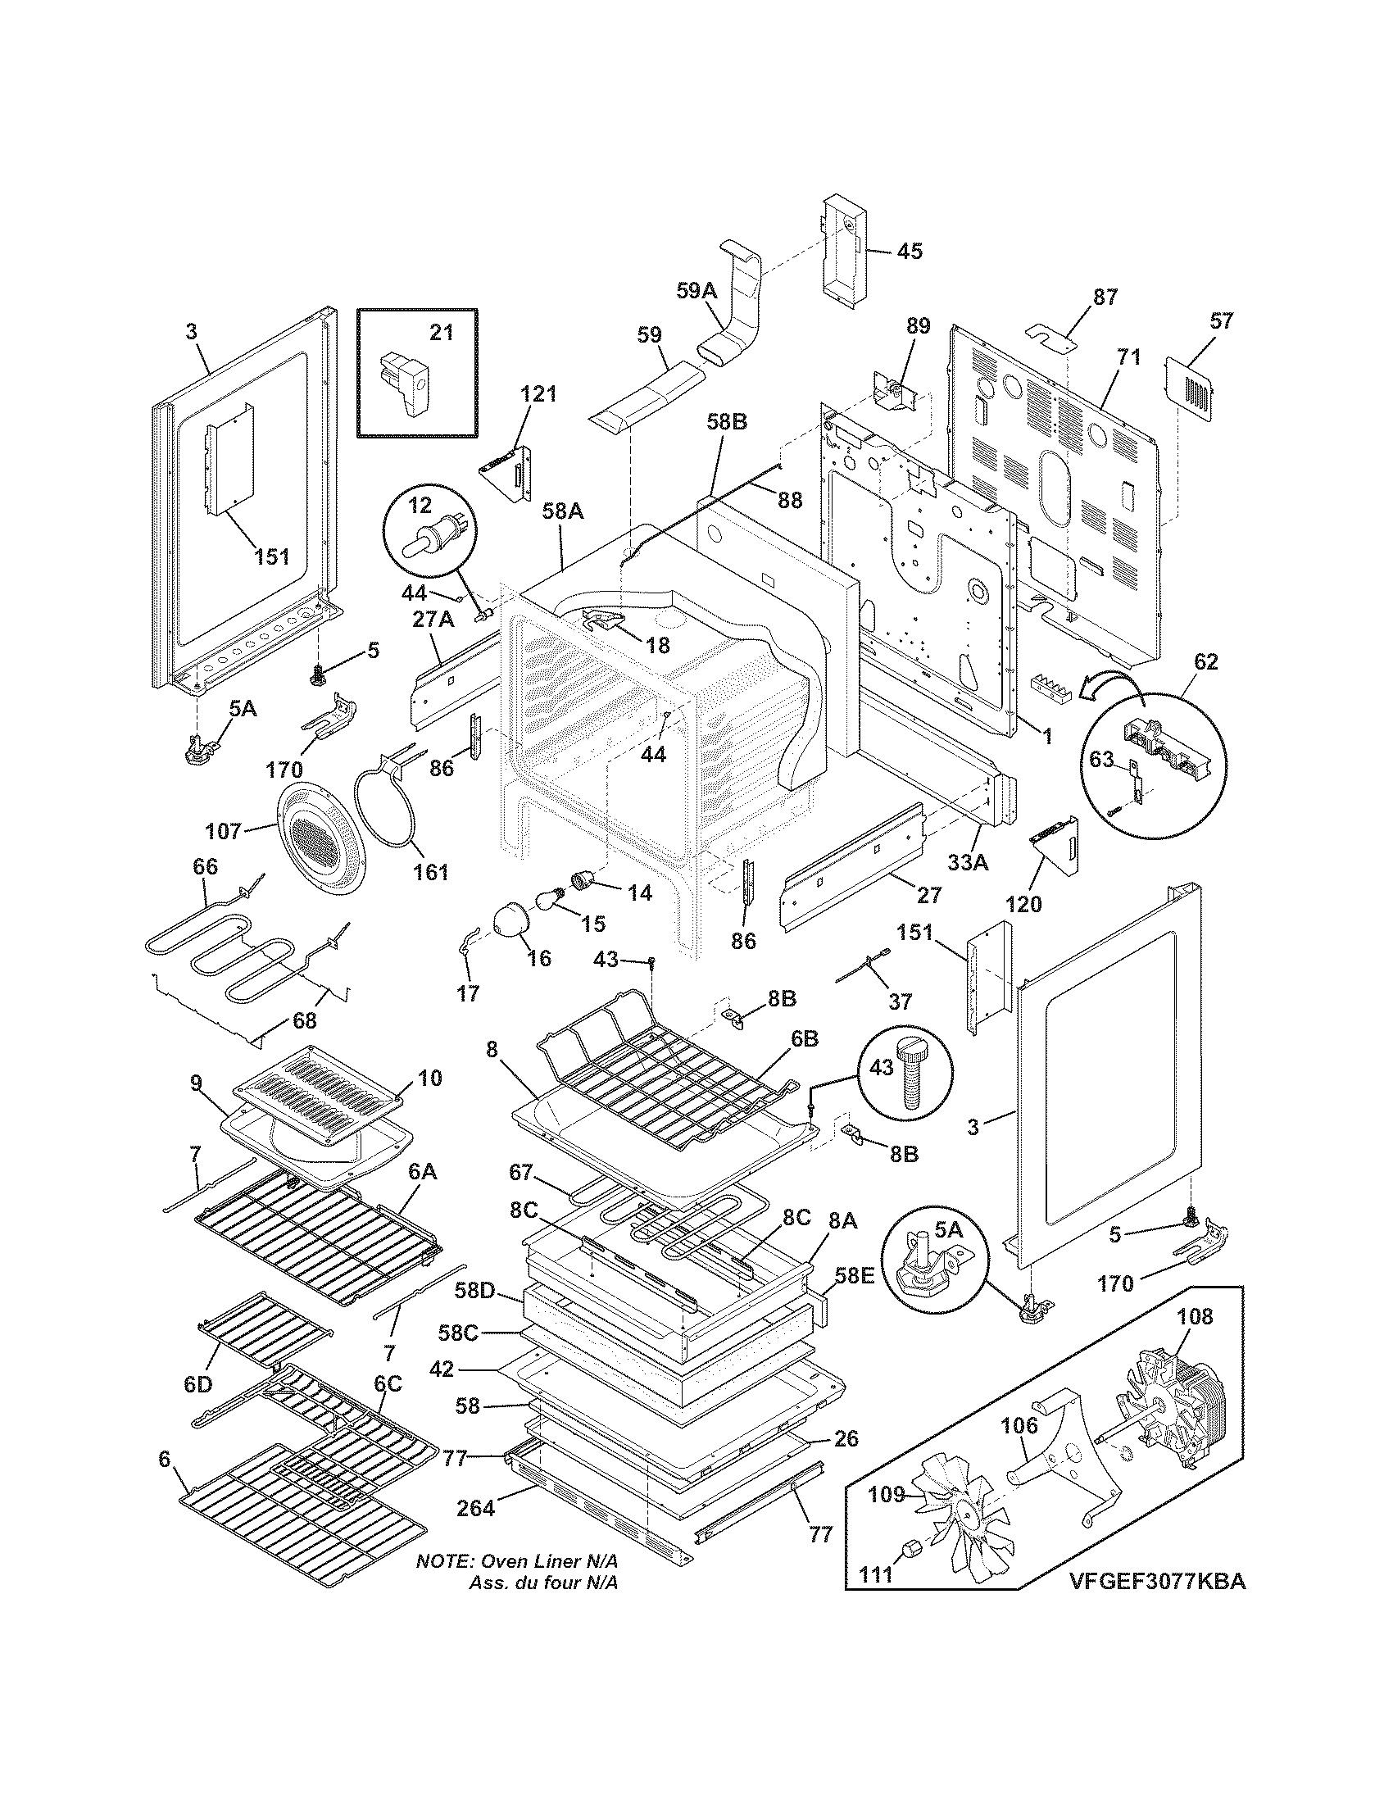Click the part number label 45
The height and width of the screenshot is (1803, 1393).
pos(910,251)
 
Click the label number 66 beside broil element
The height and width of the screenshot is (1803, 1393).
pos(205,866)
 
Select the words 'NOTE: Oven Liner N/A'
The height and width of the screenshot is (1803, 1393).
pos(516,1563)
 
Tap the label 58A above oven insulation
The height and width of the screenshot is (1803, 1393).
pos(563,512)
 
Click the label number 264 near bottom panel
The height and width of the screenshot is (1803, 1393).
pos(476,1508)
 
